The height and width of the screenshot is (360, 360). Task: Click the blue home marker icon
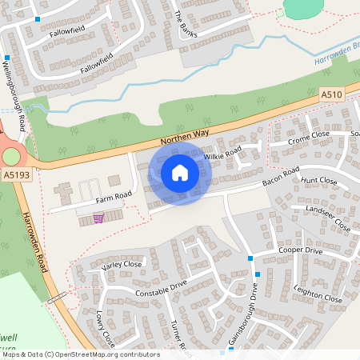point(180,172)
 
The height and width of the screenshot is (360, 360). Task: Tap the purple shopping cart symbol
point(98,217)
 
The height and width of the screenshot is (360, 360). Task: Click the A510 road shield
point(331,94)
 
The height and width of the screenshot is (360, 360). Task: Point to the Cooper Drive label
point(299,250)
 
